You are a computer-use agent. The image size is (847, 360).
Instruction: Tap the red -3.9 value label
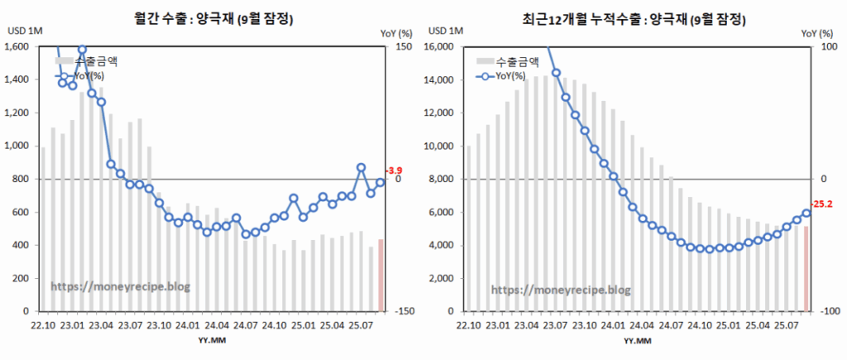click(x=394, y=170)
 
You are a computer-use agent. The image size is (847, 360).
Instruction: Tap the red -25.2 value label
click(x=822, y=203)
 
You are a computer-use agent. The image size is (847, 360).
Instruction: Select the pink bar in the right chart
click(x=806, y=268)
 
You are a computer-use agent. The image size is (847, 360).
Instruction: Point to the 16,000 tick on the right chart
click(x=445, y=46)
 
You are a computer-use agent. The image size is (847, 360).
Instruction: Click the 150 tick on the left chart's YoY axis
click(x=404, y=46)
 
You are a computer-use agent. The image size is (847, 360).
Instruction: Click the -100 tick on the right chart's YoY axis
click(x=824, y=311)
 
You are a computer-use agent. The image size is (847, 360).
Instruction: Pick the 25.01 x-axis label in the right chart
click(x=728, y=326)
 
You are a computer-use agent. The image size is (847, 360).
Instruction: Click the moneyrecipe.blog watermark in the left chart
click(x=121, y=286)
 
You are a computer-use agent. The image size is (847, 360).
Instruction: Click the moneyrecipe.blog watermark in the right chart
click(x=561, y=290)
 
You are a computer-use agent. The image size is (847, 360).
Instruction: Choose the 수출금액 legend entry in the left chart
click(x=95, y=61)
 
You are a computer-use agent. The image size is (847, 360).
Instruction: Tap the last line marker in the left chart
click(x=380, y=183)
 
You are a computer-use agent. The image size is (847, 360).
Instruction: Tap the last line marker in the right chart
click(x=806, y=213)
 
